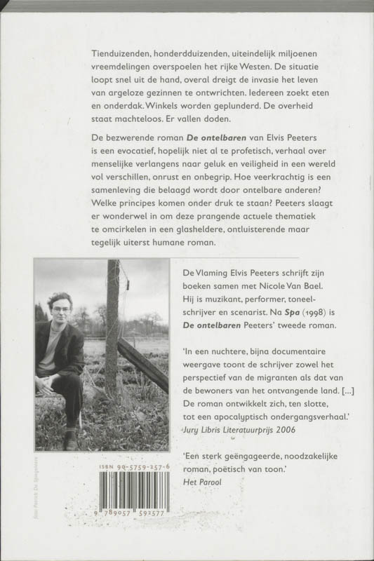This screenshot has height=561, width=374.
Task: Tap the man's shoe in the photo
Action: [x=69, y=440]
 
